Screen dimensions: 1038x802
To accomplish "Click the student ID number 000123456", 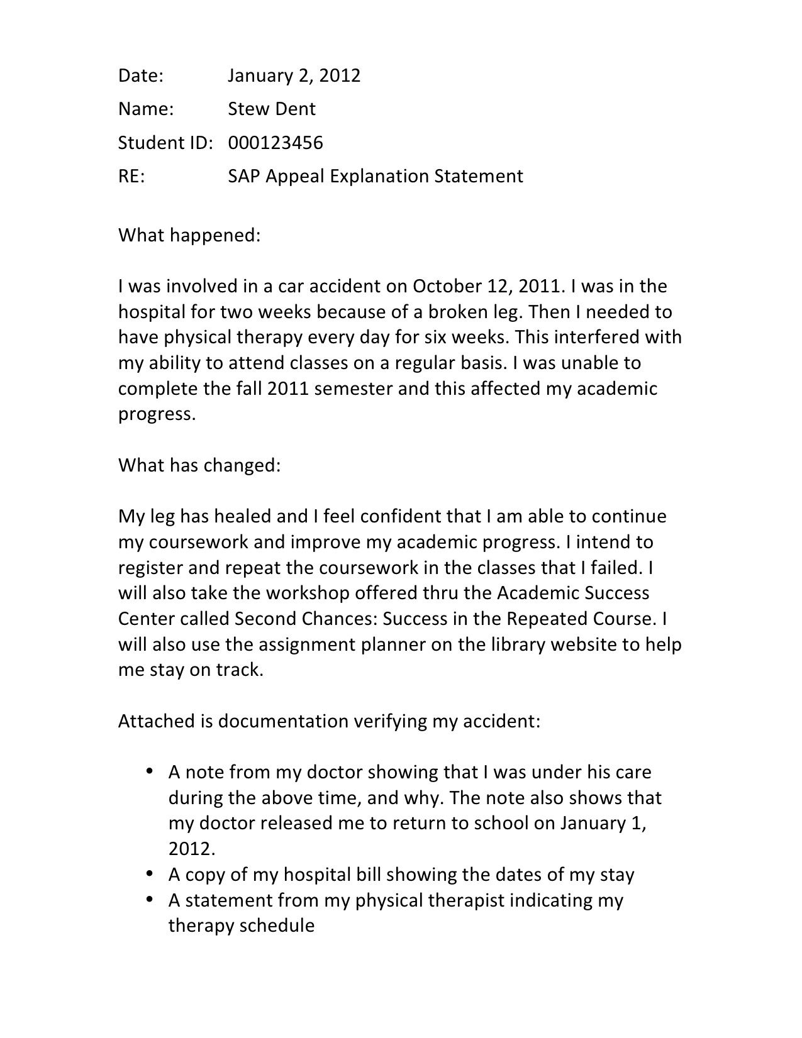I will click(275, 143).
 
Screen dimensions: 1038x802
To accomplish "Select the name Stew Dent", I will click(271, 109).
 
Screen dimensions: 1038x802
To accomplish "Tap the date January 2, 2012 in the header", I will click(294, 75).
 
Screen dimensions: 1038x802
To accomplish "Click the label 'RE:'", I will click(131, 176).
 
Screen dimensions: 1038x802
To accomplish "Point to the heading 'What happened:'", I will click(189, 236).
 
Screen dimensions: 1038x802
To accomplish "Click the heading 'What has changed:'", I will click(199, 466).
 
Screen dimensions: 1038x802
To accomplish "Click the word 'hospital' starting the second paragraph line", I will click(149, 312).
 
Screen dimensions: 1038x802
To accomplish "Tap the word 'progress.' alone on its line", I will click(157, 414).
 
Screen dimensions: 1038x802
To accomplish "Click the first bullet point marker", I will click(150, 771).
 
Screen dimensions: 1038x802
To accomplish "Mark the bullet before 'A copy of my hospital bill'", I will click(150, 873).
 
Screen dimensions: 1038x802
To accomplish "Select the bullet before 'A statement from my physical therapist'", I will click(150, 899).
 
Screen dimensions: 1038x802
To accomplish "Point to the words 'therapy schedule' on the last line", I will click(241, 925).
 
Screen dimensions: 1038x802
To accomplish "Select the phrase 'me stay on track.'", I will click(190, 670).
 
